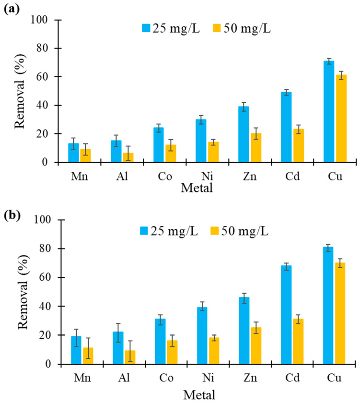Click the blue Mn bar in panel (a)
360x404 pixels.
[73, 153]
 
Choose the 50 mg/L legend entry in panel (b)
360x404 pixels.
[243, 231]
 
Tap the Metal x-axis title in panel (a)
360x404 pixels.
[197, 187]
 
